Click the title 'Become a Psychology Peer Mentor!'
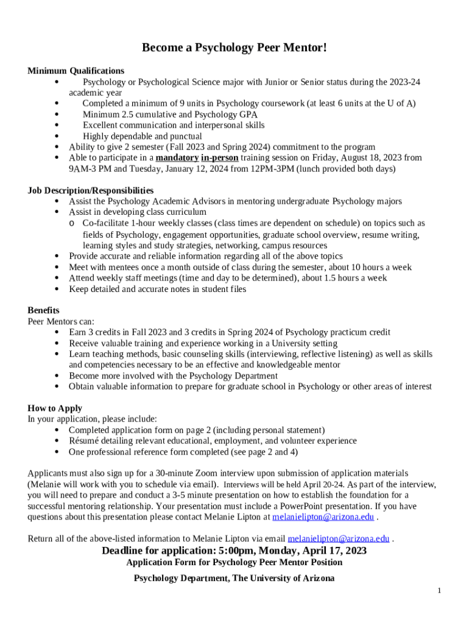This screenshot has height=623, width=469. [234, 47]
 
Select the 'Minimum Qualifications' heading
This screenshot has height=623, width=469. [76, 71]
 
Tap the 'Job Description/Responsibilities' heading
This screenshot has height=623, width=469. [90, 190]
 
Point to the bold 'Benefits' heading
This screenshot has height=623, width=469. [43, 310]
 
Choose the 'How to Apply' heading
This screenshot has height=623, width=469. [55, 408]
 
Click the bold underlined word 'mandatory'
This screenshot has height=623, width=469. [177, 158]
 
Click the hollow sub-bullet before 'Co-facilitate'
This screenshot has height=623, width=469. [72, 224]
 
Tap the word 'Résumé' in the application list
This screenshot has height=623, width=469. [85, 441]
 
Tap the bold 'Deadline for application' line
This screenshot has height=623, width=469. [234, 551]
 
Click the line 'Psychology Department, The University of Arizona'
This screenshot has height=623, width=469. [234, 578]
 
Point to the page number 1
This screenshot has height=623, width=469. [439, 590]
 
